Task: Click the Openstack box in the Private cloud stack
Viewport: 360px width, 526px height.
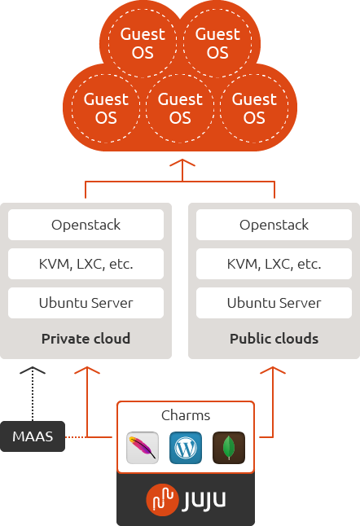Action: click(86, 225)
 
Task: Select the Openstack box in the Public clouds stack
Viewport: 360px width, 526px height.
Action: click(274, 225)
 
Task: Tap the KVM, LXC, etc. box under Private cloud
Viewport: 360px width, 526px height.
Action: click(86, 264)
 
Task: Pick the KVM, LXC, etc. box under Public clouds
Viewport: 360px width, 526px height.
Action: click(274, 264)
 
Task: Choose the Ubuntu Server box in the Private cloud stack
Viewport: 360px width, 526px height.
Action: click(86, 303)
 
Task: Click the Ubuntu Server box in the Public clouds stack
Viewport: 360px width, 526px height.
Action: click(274, 303)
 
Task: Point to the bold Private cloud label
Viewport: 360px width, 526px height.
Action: click(86, 339)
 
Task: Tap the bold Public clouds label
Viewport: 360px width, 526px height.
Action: click(274, 339)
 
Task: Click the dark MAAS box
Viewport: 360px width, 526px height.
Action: click(33, 436)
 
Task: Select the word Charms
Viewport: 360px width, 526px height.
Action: click(186, 414)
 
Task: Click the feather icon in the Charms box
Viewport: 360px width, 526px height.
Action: click(143, 448)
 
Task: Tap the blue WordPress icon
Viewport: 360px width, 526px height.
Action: click(186, 448)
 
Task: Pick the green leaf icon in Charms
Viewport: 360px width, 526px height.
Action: click(229, 448)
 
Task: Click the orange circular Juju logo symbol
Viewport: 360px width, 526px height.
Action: click(161, 499)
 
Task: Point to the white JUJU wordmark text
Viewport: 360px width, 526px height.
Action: click(200, 499)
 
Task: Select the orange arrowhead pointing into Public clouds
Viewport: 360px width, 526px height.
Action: click(274, 370)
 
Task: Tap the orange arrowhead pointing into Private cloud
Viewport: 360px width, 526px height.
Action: click(86, 370)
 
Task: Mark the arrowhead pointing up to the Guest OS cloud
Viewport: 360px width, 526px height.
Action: click(180, 164)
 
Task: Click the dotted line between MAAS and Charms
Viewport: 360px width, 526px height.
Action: click(76, 436)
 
